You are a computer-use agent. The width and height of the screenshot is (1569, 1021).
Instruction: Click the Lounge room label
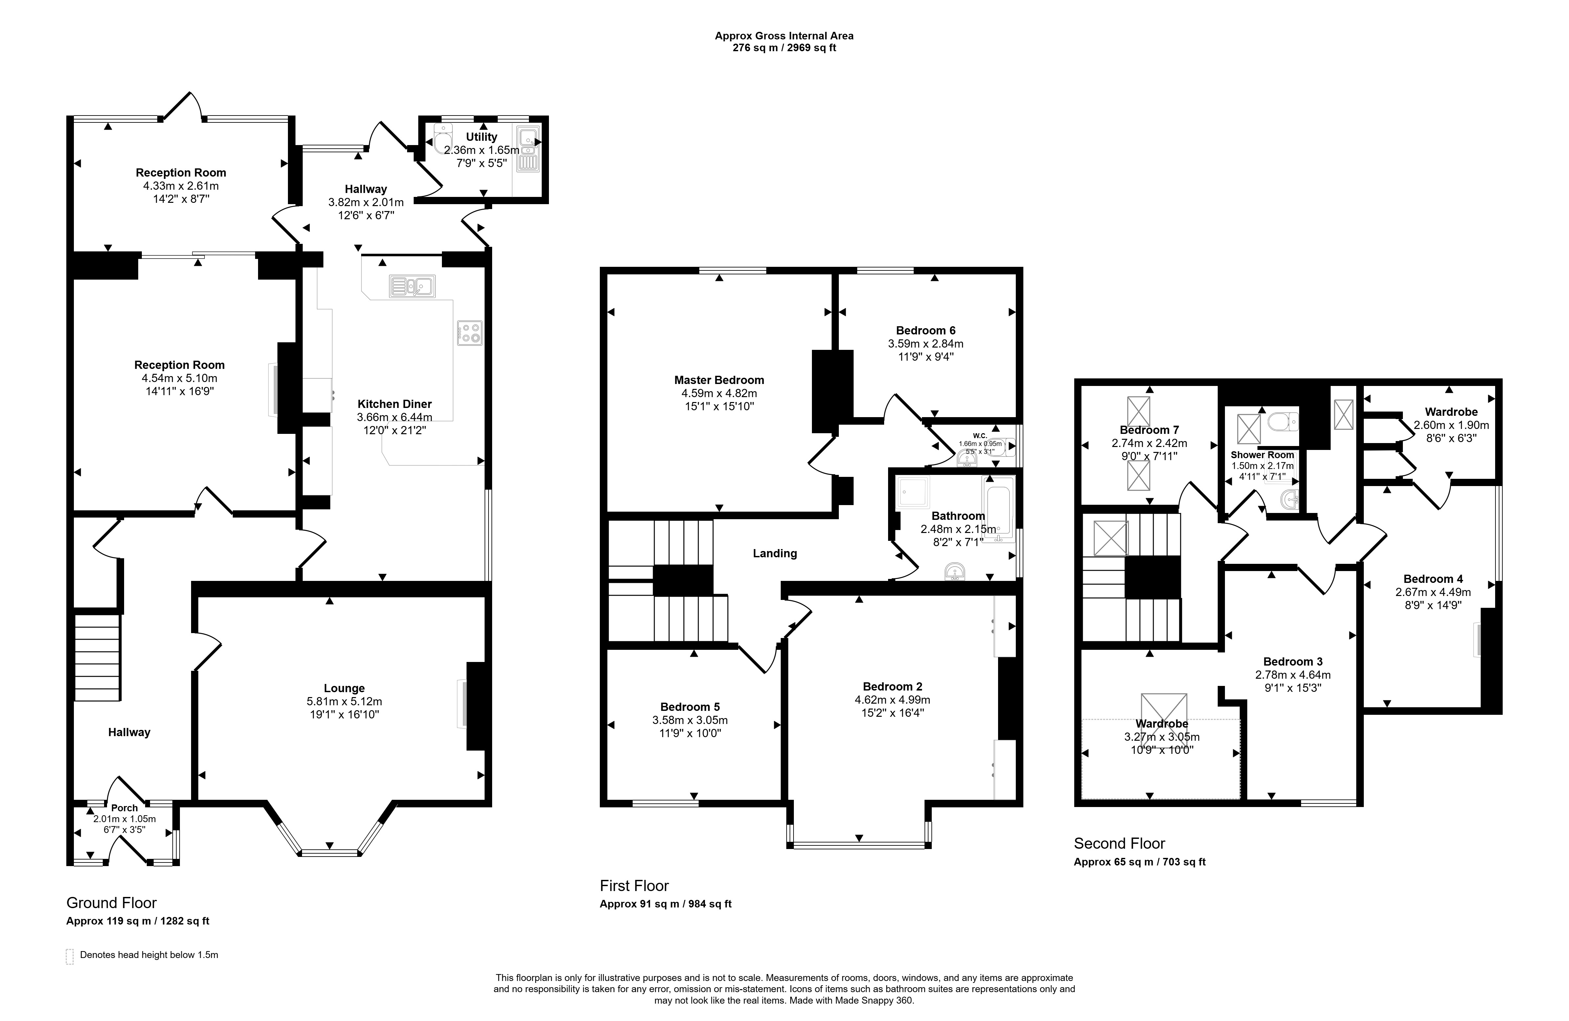344,688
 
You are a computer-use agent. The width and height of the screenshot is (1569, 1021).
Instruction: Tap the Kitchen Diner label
394,404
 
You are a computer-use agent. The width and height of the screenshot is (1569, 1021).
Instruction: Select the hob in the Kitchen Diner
469,333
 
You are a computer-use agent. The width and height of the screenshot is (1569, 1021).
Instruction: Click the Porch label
125,808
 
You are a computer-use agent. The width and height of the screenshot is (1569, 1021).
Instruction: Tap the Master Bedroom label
719,380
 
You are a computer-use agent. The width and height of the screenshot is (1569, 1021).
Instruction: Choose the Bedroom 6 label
926,331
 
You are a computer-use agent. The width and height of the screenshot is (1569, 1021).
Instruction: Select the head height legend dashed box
70,956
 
